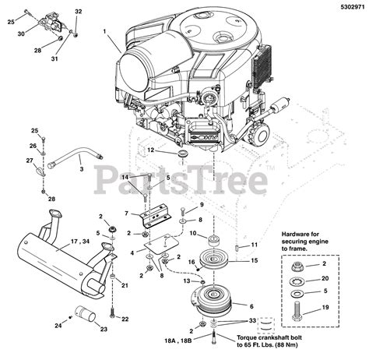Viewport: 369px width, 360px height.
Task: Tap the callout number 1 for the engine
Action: coord(104,31)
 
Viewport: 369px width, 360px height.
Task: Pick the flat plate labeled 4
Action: coord(161,244)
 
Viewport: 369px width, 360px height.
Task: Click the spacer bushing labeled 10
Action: coord(214,242)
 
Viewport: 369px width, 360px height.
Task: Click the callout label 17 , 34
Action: coord(80,242)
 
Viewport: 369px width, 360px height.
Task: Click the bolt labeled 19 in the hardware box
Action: coord(297,311)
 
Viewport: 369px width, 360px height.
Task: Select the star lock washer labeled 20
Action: coord(298,281)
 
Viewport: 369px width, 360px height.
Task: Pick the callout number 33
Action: coord(252,320)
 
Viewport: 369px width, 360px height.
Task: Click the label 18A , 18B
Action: coord(178,340)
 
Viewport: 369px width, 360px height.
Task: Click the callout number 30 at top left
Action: coord(21,34)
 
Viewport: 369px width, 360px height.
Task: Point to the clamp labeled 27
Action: coord(40,171)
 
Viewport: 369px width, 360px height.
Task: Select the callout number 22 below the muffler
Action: coord(125,319)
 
